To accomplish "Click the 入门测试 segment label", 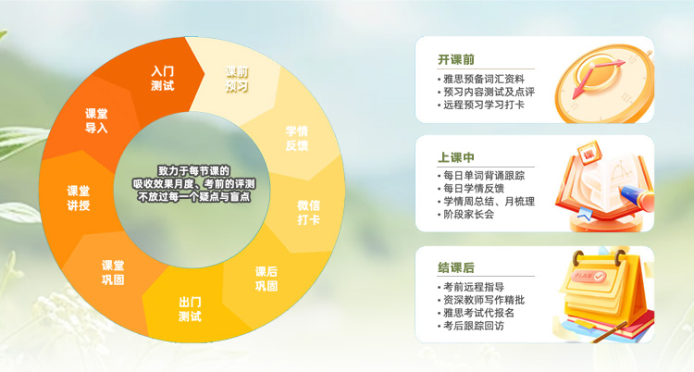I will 163,78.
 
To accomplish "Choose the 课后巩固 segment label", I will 266,279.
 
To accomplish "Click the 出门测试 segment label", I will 190,309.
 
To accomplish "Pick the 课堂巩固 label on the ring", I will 113,272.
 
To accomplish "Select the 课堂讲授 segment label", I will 79,198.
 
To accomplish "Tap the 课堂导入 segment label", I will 96,120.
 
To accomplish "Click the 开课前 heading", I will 456,60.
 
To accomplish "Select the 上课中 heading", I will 456,157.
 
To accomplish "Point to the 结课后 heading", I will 456,267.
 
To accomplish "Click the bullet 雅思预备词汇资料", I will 484,79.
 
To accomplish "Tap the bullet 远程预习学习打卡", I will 484,105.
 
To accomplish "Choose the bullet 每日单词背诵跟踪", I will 484,175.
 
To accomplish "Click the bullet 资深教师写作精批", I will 484,300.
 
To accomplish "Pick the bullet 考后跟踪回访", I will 477,326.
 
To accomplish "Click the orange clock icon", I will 600,82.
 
